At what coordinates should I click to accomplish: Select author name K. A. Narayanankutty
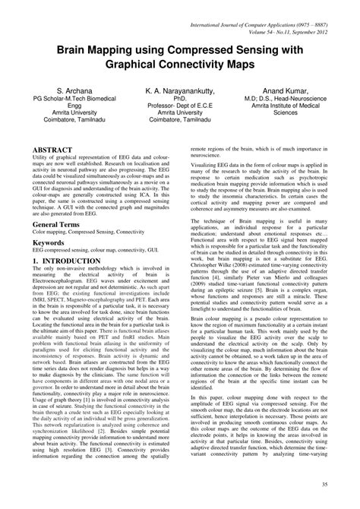[180, 89]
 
